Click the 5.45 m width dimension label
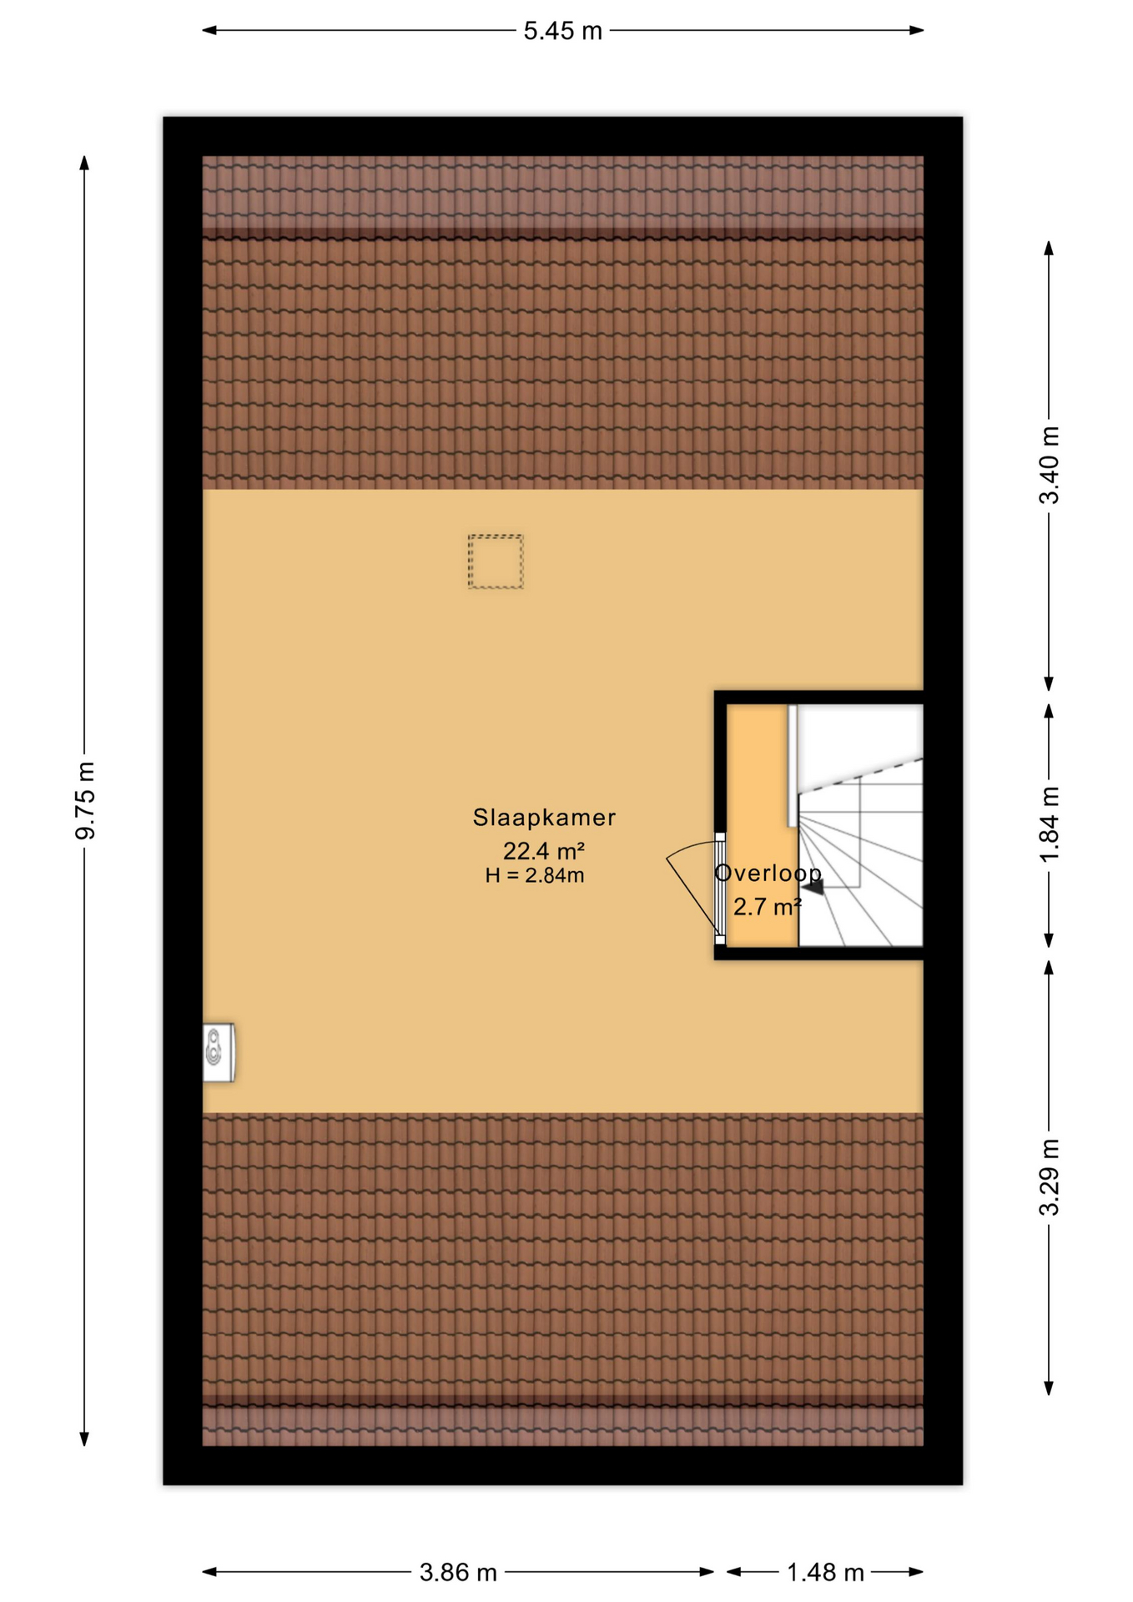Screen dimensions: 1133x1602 tap(562, 31)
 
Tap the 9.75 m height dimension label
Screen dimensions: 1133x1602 tap(85, 801)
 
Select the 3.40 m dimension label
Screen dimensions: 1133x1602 tap(1049, 466)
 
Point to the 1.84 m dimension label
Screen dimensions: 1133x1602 tap(1049, 824)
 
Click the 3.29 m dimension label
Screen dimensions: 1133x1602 tap(1049, 1177)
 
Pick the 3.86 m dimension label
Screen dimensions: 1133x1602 tap(458, 1573)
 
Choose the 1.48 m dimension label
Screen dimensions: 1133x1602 tap(825, 1573)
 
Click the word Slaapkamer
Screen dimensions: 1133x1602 tap(544, 818)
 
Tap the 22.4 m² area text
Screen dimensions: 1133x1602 tap(543, 851)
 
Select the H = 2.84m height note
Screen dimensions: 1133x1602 tap(535, 875)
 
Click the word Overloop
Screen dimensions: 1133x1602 tap(768, 873)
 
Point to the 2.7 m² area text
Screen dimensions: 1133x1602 tap(767, 906)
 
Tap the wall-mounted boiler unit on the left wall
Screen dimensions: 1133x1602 tap(219, 1052)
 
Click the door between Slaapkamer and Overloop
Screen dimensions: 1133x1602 tap(719, 889)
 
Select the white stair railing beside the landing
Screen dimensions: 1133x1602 tap(792, 766)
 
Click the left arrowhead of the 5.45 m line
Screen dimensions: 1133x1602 tap(209, 31)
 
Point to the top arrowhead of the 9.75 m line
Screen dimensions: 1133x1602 tap(84, 163)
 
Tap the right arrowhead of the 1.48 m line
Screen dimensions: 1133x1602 tap(915, 1572)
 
